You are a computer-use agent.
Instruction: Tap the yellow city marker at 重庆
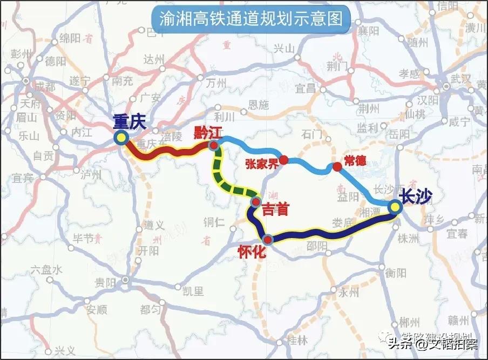click(x=121, y=138)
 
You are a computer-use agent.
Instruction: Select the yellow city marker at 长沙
click(x=396, y=207)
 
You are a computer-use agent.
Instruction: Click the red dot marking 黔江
click(x=214, y=146)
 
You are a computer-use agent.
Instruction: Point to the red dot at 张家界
click(x=284, y=160)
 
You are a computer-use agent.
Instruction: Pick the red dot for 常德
click(x=337, y=167)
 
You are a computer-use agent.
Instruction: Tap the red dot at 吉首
click(x=255, y=203)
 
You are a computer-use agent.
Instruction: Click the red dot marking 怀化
click(x=268, y=239)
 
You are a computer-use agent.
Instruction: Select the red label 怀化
click(x=252, y=252)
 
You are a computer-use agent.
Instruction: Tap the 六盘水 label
click(x=48, y=269)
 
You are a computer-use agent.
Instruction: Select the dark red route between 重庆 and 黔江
click(x=167, y=152)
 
